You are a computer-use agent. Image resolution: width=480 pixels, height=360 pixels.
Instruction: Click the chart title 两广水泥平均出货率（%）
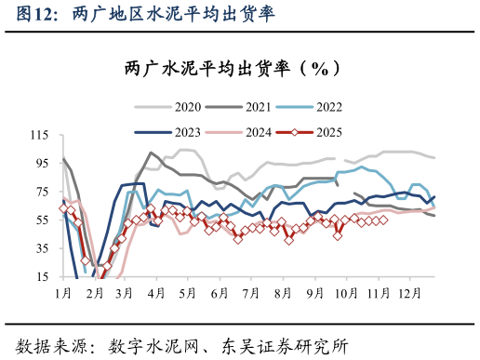[240, 69]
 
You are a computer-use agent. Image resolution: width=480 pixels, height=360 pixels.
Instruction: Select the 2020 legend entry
[187, 106]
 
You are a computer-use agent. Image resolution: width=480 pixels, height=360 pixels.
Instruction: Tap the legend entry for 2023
[187, 131]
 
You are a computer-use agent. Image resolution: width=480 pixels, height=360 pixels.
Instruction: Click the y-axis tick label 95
[41, 164]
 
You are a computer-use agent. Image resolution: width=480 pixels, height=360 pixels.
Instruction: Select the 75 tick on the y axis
[41, 192]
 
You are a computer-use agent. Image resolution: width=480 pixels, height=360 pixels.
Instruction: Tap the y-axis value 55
[41, 220]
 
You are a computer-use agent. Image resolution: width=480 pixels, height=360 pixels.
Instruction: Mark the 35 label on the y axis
[41, 248]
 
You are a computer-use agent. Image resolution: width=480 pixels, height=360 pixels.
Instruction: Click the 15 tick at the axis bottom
[41, 277]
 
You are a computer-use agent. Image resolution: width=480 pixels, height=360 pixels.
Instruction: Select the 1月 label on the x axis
[63, 293]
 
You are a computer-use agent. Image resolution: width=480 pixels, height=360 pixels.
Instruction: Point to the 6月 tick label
[220, 293]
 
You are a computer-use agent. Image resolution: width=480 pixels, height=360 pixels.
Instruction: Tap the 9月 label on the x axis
[314, 293]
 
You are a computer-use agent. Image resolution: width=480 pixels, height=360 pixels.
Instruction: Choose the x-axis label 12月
[409, 293]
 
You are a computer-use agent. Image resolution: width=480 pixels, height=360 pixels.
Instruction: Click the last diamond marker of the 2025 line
[383, 220]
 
